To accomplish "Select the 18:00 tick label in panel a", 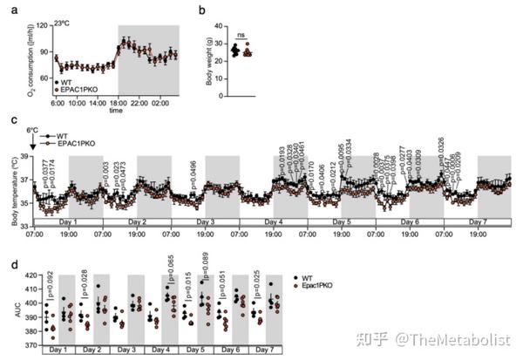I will [118, 103].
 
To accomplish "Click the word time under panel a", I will [116, 112].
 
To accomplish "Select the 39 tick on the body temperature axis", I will [24, 157].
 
